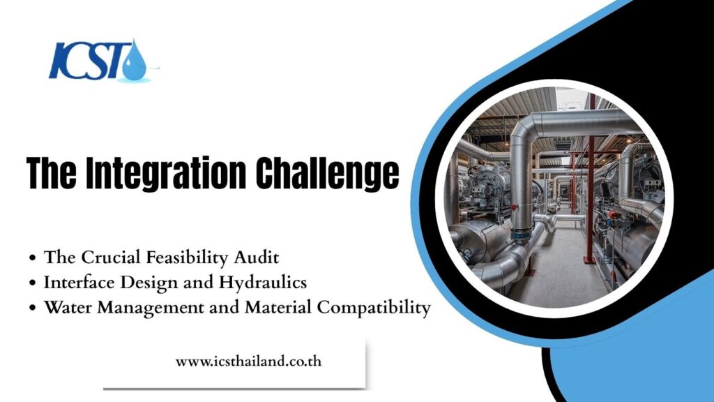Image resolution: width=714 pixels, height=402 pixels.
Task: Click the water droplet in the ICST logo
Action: pos(135,62)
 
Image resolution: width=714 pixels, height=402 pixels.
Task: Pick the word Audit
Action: pos(257,258)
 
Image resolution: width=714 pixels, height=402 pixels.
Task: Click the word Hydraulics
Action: pos(263,283)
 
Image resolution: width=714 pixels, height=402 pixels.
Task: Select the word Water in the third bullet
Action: pos(68,307)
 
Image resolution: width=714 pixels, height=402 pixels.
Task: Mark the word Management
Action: pos(151,308)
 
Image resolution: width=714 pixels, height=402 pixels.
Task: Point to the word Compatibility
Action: pos(374,308)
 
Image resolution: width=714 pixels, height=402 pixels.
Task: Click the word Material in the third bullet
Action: pos(278,307)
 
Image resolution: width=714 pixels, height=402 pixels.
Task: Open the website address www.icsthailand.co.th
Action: pos(249,362)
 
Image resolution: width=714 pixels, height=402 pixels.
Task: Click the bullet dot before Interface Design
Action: pos(32,283)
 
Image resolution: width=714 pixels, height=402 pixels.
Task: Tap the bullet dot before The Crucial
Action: pos(32,258)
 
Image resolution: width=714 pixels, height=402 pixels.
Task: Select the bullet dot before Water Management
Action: pos(32,308)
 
